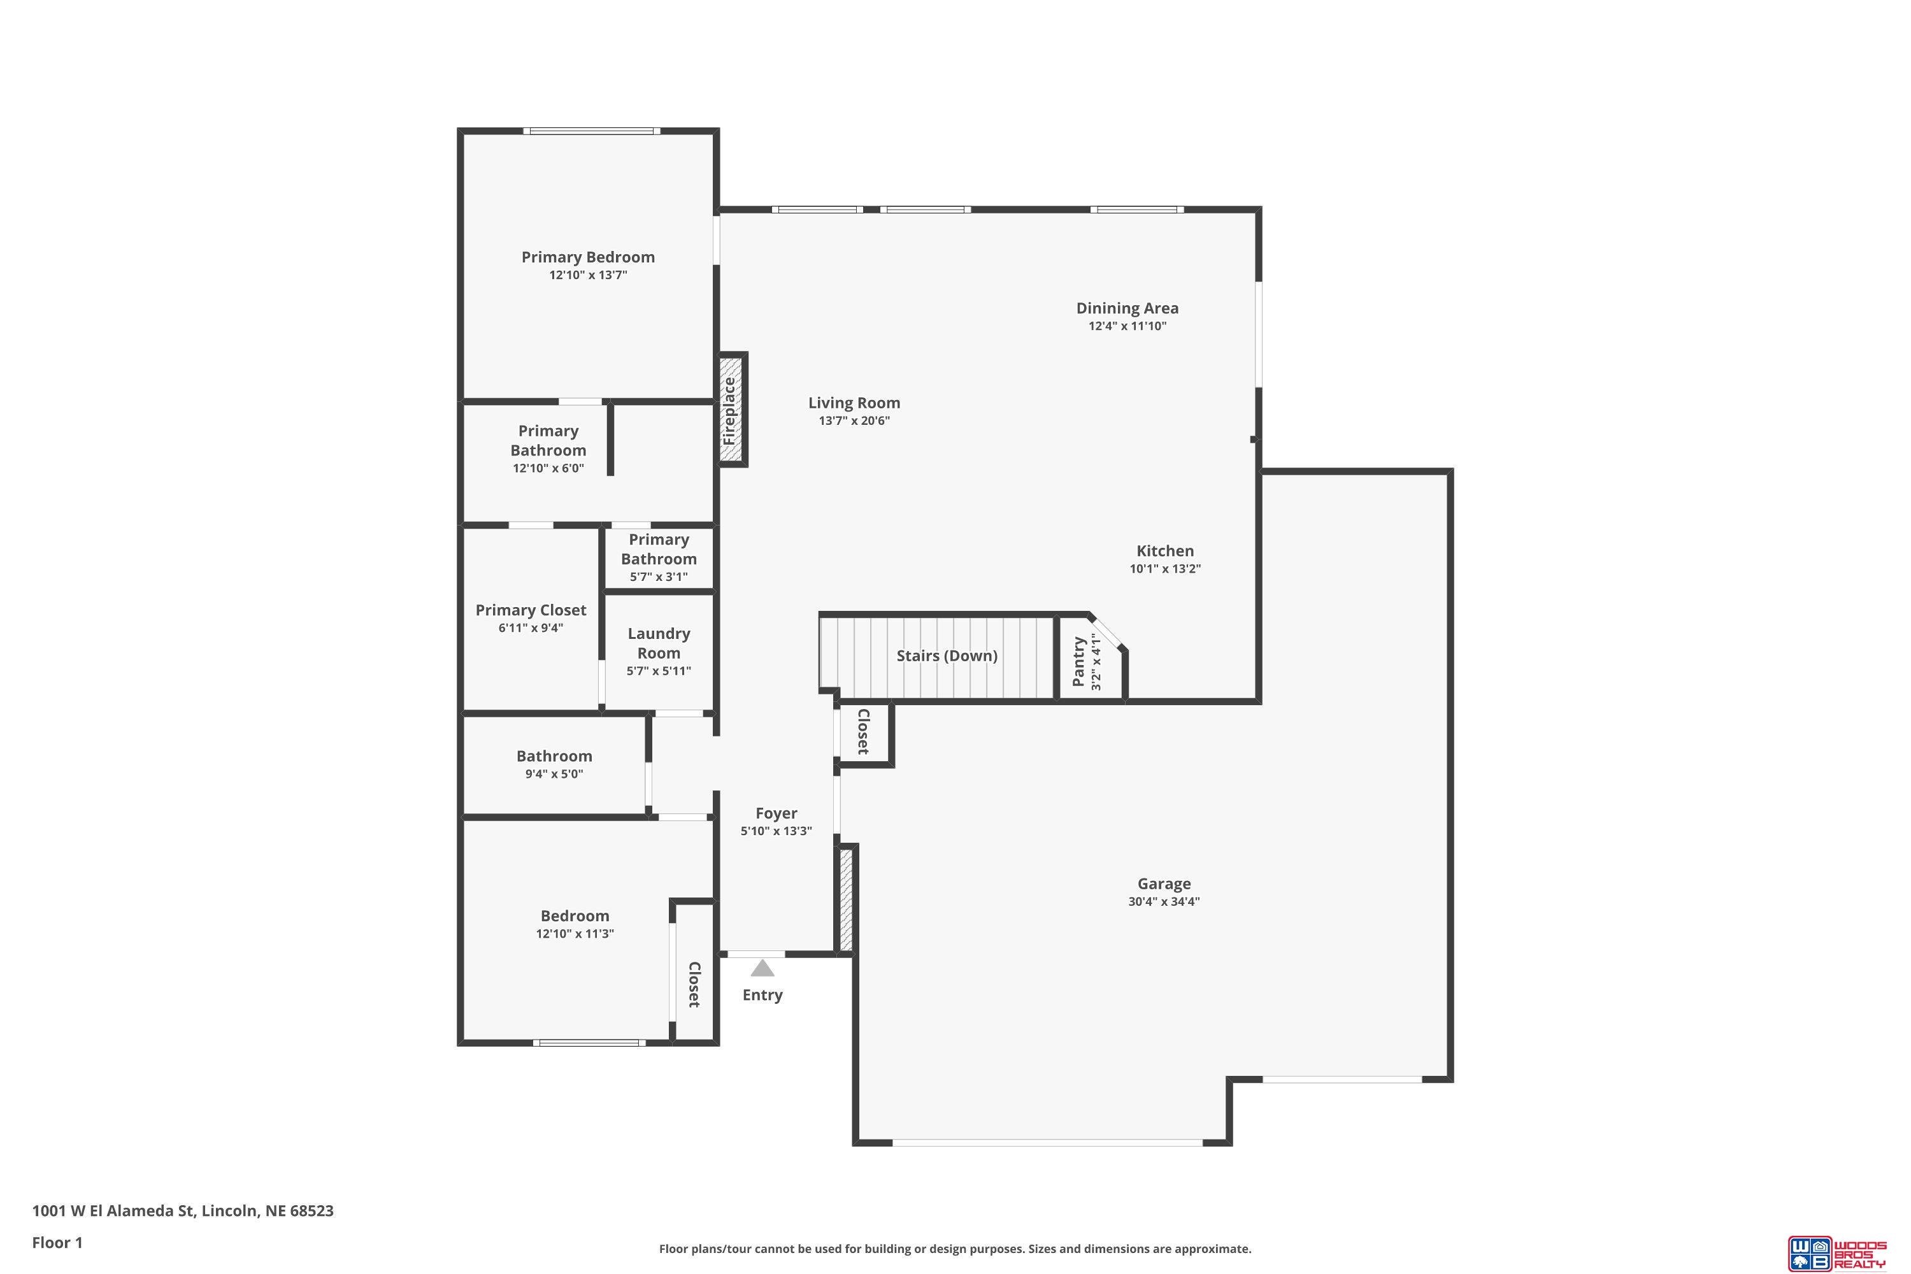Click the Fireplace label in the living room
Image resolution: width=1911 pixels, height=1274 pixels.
(x=729, y=411)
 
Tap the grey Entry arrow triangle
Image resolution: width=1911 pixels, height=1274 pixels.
(x=762, y=968)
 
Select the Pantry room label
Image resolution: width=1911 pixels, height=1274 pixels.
(x=1078, y=661)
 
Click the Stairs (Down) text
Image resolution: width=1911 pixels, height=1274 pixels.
(x=947, y=655)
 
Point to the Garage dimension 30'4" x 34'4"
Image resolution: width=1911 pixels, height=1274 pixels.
(x=1164, y=901)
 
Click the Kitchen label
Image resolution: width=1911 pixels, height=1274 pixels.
(x=1165, y=551)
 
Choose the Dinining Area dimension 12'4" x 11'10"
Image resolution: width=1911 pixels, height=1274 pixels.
(x=1127, y=326)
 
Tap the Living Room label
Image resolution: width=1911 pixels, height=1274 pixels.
(x=854, y=403)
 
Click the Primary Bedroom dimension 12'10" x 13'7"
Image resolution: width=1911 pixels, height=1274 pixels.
(x=588, y=275)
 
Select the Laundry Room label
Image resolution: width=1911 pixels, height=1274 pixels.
(x=659, y=643)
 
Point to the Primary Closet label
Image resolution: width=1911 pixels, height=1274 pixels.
(x=531, y=610)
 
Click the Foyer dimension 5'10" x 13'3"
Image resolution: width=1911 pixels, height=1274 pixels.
(x=776, y=831)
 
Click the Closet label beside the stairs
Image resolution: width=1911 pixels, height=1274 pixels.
(x=863, y=731)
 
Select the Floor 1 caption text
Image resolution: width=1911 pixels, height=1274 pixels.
(x=58, y=1242)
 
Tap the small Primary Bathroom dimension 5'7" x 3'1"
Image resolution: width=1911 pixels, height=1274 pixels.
(x=659, y=577)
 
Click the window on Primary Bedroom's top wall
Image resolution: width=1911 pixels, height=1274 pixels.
(x=592, y=131)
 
